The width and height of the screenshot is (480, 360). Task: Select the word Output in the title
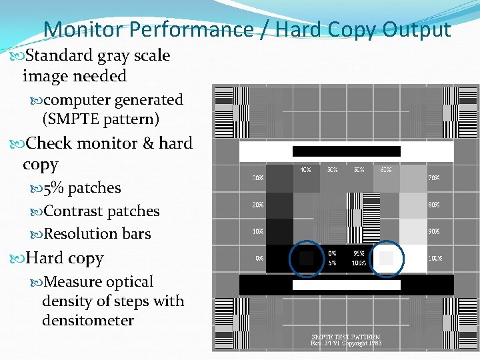[417, 29]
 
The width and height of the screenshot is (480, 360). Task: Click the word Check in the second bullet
[49, 143]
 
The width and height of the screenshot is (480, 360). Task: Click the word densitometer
[88, 321]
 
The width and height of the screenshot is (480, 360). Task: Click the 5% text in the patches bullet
[53, 188]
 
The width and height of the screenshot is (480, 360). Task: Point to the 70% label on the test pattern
[433, 178]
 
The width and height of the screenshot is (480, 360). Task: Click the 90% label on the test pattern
[433, 231]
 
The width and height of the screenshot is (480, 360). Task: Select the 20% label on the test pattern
[257, 205]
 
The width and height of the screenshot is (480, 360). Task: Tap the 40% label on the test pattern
[305, 169]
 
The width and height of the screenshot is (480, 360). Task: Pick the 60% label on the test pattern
[385, 169]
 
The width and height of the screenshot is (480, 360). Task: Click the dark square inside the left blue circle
[306, 258]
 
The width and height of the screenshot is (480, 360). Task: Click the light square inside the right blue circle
[386, 258]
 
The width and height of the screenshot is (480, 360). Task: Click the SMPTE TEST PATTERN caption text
[345, 337]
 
